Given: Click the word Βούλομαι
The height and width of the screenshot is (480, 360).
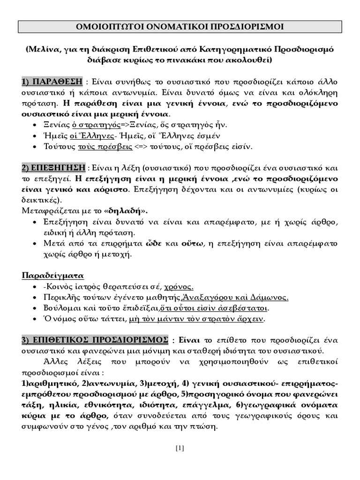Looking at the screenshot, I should (59, 308).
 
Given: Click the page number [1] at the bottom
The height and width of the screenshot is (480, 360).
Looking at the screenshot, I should (180, 448).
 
